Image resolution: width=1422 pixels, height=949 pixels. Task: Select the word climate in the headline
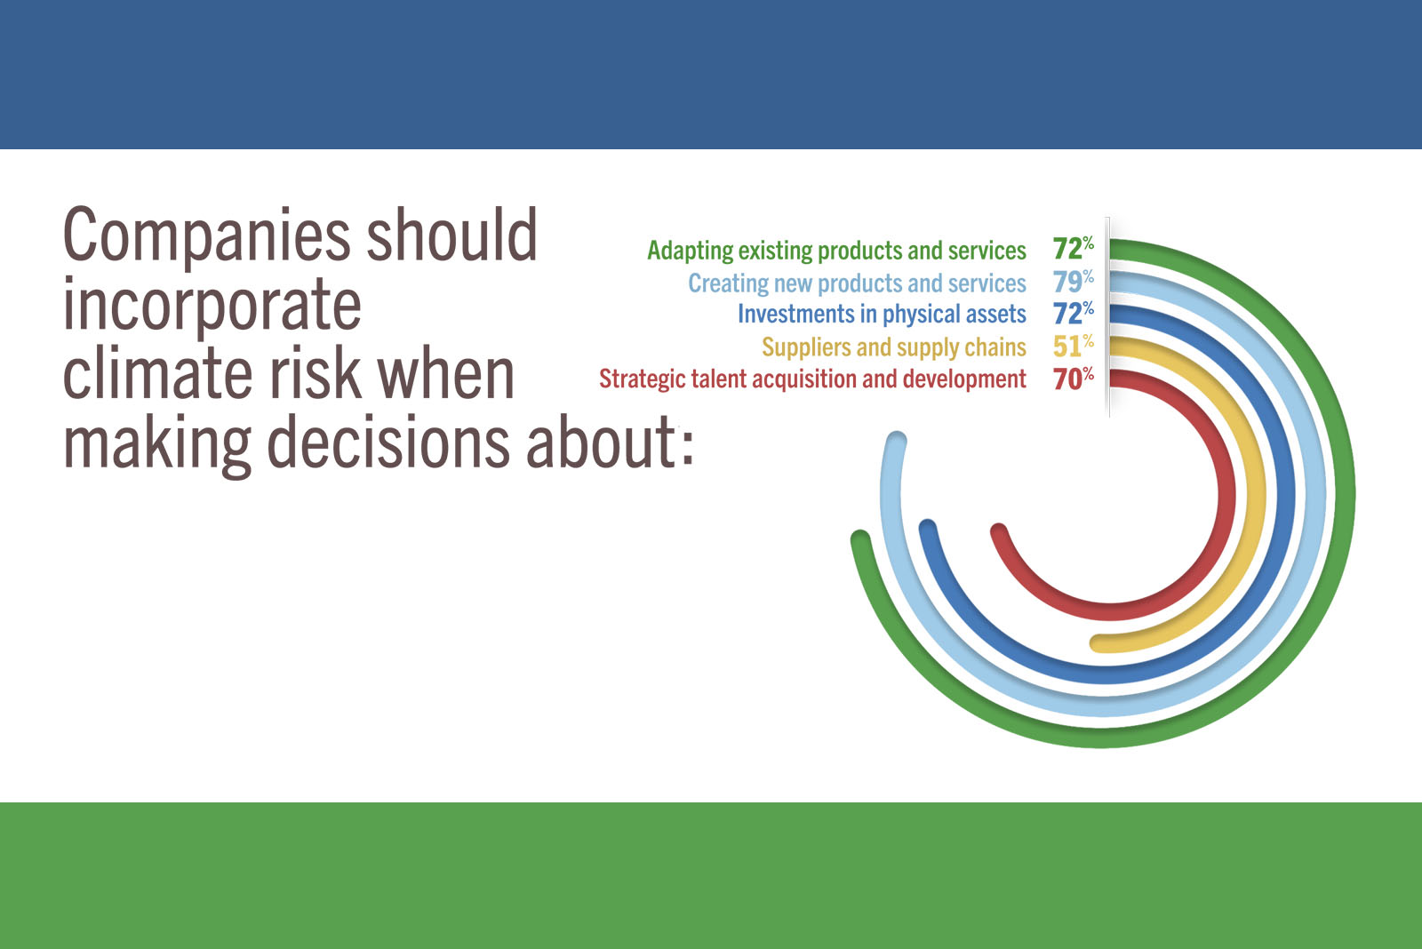pyautogui.click(x=158, y=374)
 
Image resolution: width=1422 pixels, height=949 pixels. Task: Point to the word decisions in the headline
pyautogui.click(x=387, y=443)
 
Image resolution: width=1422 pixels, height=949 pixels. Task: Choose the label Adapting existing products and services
pyautogui.click(x=836, y=251)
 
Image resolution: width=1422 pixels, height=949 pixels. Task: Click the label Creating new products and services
pyautogui.click(x=857, y=283)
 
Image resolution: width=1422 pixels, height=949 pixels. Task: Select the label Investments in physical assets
pyautogui.click(x=882, y=315)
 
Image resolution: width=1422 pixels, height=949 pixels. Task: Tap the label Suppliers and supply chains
pyautogui.click(x=894, y=347)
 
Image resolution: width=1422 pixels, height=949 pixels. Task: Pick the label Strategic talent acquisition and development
pyautogui.click(x=812, y=379)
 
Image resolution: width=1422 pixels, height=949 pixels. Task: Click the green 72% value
pyautogui.click(x=1074, y=248)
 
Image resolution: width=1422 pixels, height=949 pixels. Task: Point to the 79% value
pyautogui.click(x=1074, y=281)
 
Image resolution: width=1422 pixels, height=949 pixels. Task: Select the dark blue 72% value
pyautogui.click(x=1074, y=313)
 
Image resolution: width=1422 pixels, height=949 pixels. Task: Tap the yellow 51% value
pyautogui.click(x=1074, y=346)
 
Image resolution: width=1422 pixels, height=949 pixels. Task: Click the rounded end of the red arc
pyautogui.click(x=999, y=532)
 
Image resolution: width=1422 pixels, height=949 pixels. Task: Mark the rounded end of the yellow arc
pyautogui.click(x=1099, y=643)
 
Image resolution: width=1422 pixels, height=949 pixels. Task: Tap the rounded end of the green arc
pyautogui.click(x=860, y=539)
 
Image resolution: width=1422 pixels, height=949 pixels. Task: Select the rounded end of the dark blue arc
pyautogui.click(x=928, y=528)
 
